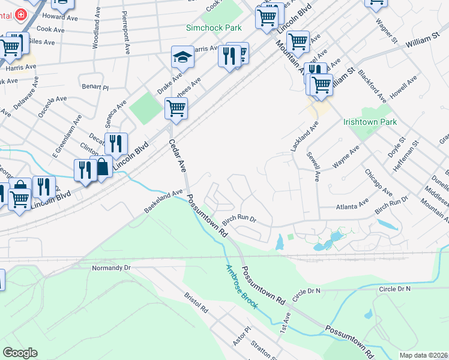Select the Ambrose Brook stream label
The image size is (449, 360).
pos(242,287)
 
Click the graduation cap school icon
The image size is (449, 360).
pos(182,58)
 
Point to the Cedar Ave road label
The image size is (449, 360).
pos(178,155)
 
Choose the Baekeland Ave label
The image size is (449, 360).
pos(163,202)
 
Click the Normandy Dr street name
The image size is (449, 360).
pos(110,268)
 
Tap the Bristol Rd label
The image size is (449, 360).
pos(196,304)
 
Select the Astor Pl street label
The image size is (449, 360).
pos(241,337)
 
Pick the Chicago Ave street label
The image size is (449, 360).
pos(378,182)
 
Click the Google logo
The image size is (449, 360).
pos(20,353)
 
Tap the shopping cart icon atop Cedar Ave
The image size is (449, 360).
pos(176,109)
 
